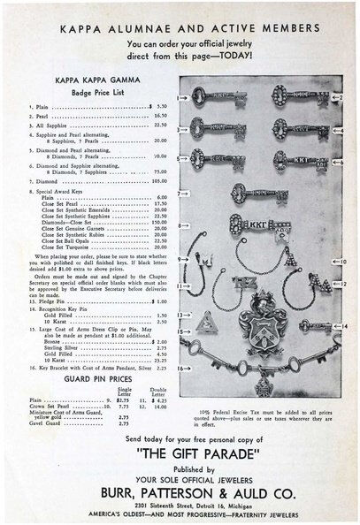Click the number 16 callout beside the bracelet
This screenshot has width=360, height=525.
[x=180, y=367]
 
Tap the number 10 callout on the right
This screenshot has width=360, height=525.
[x=342, y=262]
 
